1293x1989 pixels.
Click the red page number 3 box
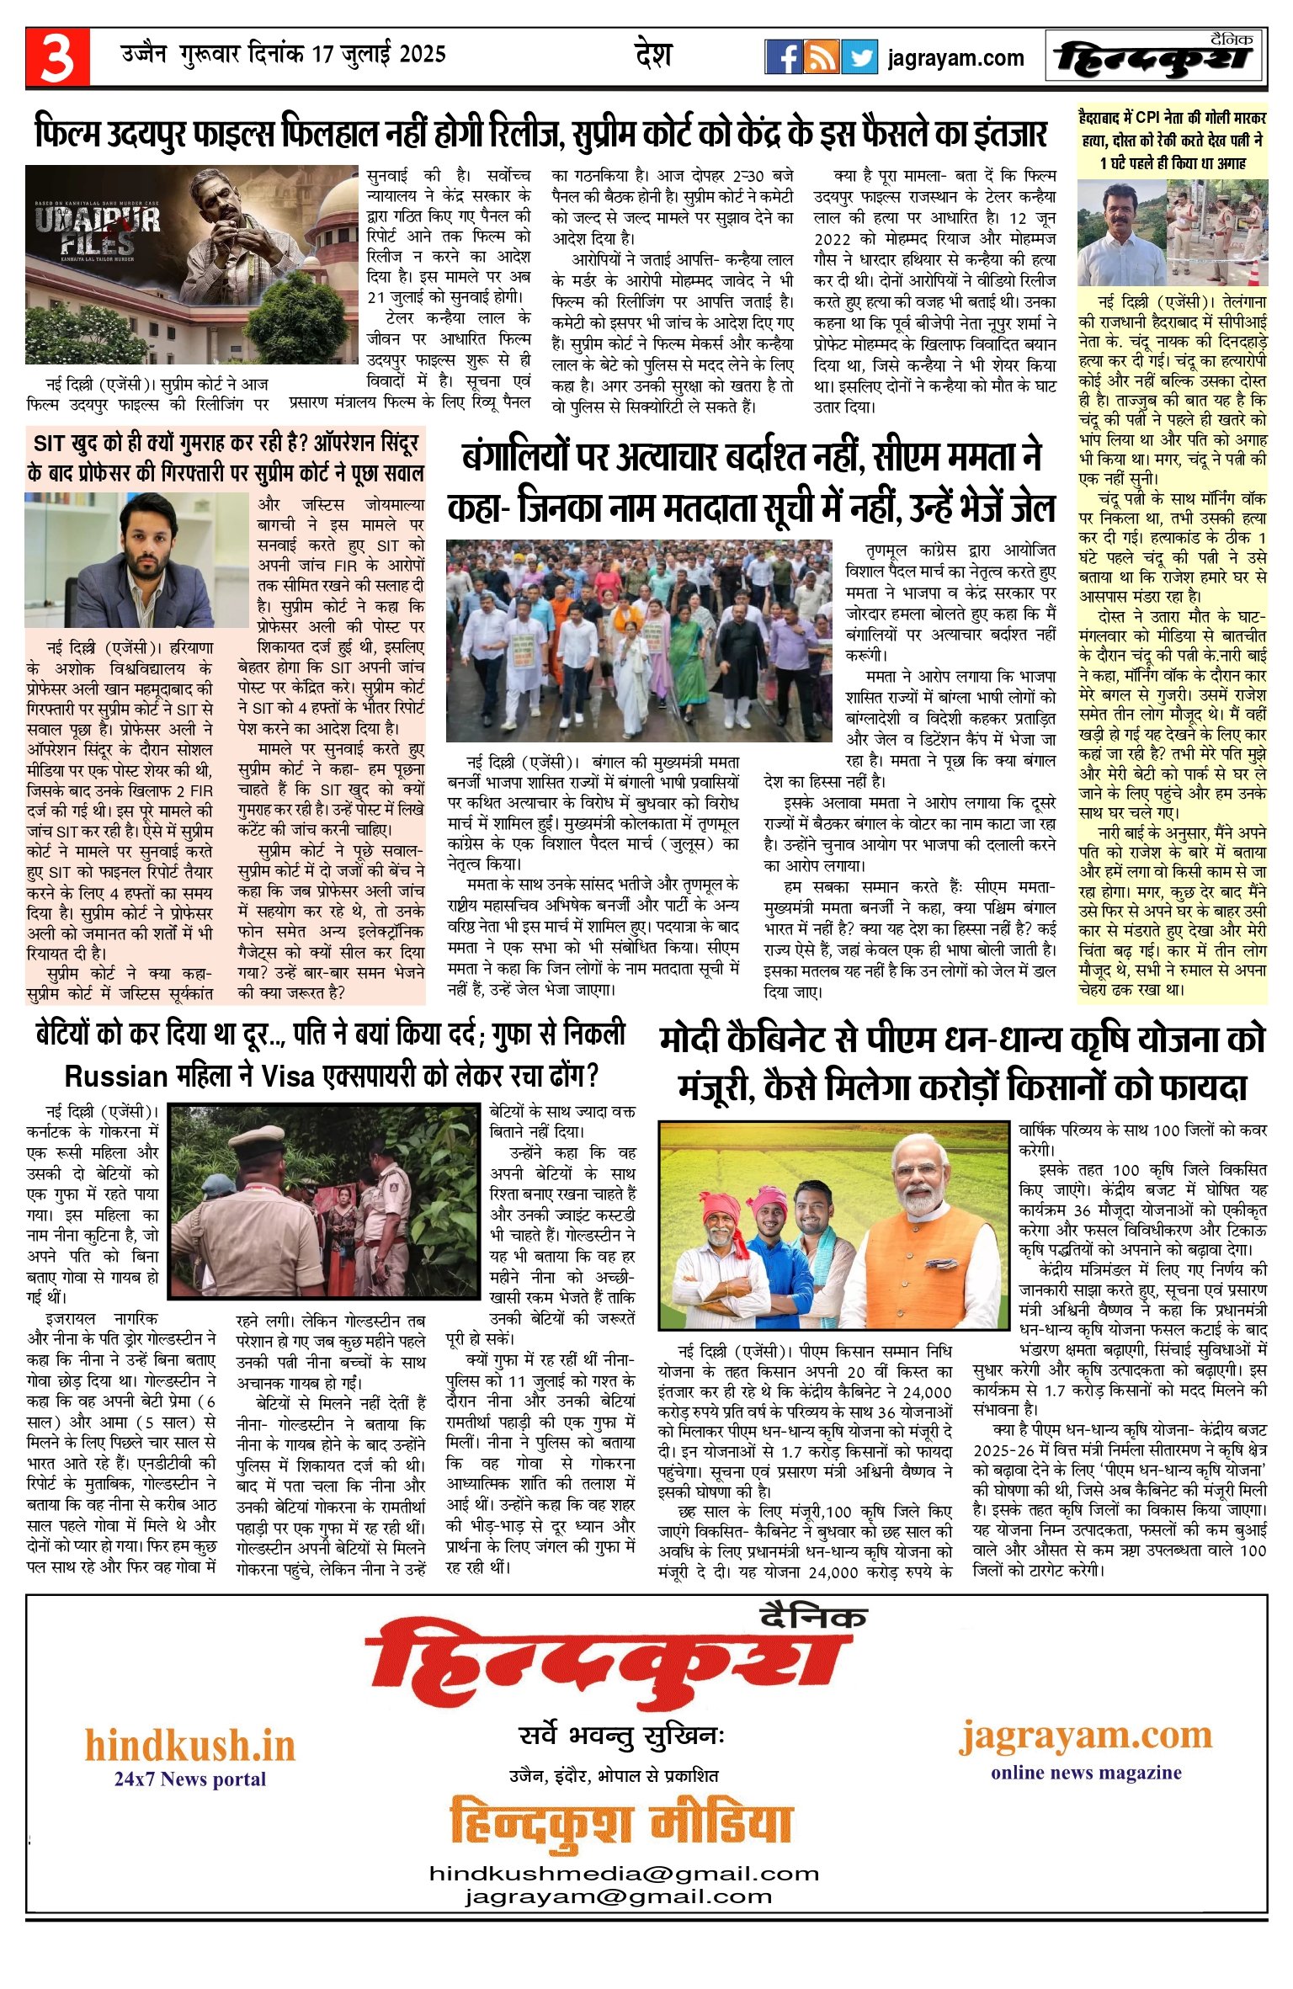pos(56,57)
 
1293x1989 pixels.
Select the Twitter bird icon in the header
pos(859,57)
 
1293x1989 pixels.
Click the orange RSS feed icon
pos(821,57)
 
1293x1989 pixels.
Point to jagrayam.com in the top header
pos(955,58)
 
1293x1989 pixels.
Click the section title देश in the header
pos(653,56)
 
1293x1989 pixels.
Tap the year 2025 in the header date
pos(422,56)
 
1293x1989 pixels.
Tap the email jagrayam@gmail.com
pos(619,1896)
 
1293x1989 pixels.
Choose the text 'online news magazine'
pos(1086,1772)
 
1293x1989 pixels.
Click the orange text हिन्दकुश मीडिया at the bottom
pos(620,1823)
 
